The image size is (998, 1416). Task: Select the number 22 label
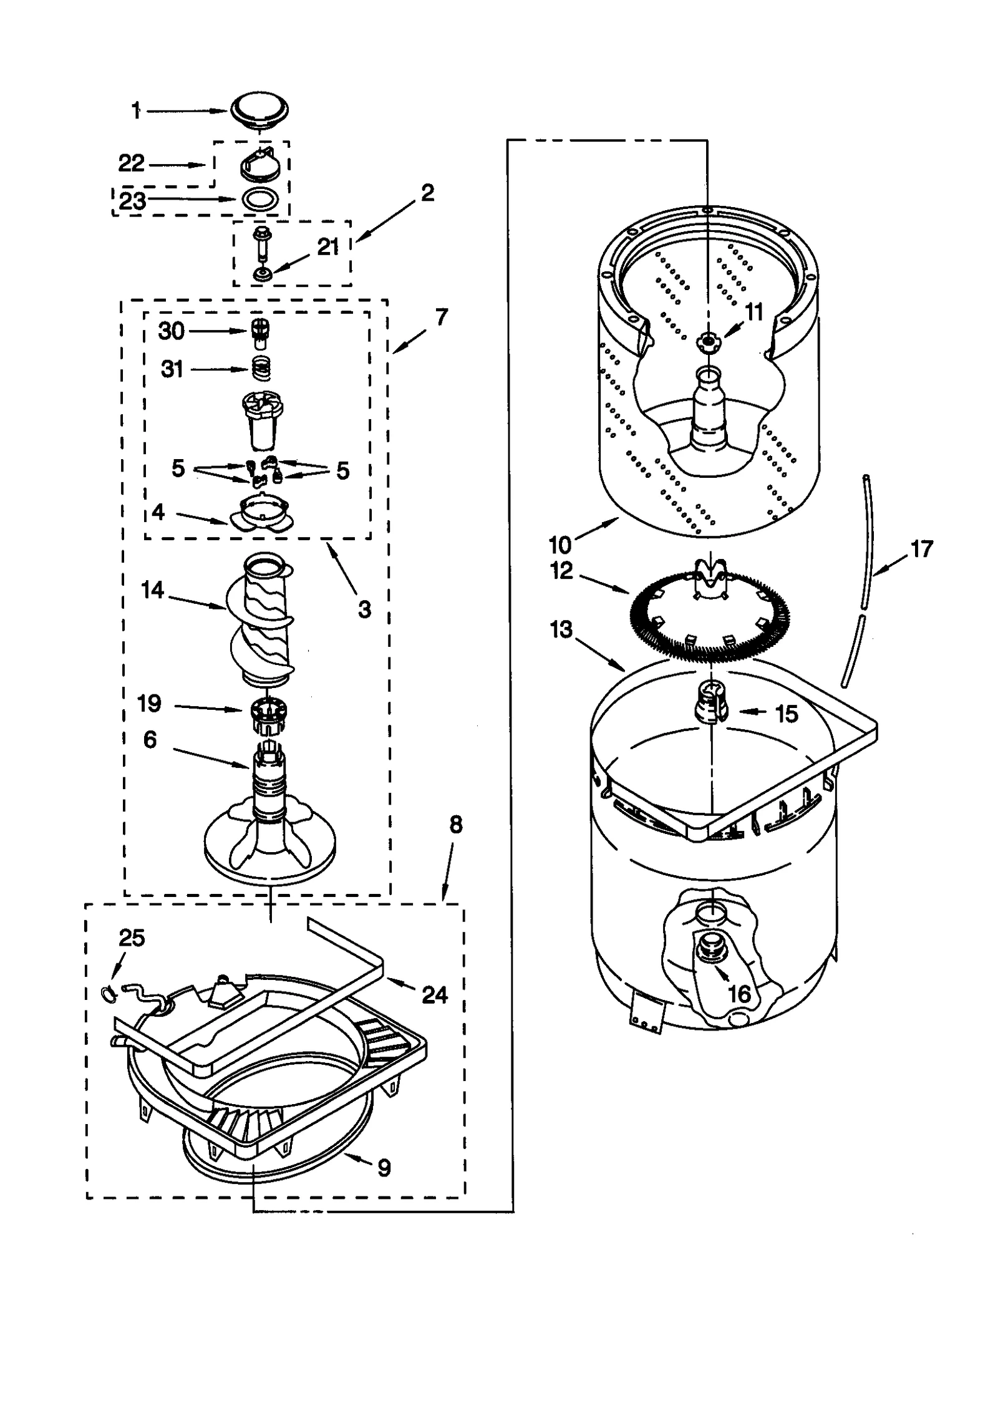pos(131,163)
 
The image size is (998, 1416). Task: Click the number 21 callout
pos(328,247)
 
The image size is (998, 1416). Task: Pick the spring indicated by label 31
pos(262,369)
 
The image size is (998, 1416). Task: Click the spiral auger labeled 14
pos(266,618)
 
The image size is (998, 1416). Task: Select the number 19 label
pos(149,704)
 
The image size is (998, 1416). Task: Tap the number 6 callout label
pos(150,740)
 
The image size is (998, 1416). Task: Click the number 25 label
pos(131,938)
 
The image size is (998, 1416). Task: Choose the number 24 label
pos(434,994)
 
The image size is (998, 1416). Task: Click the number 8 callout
pos(456,825)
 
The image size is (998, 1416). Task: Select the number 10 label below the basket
pos(560,545)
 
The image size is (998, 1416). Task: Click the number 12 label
pos(561,571)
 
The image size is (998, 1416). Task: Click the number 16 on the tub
pos(740,994)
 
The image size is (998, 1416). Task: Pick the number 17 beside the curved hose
pos(921,549)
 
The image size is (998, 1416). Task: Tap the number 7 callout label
pos(442,318)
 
